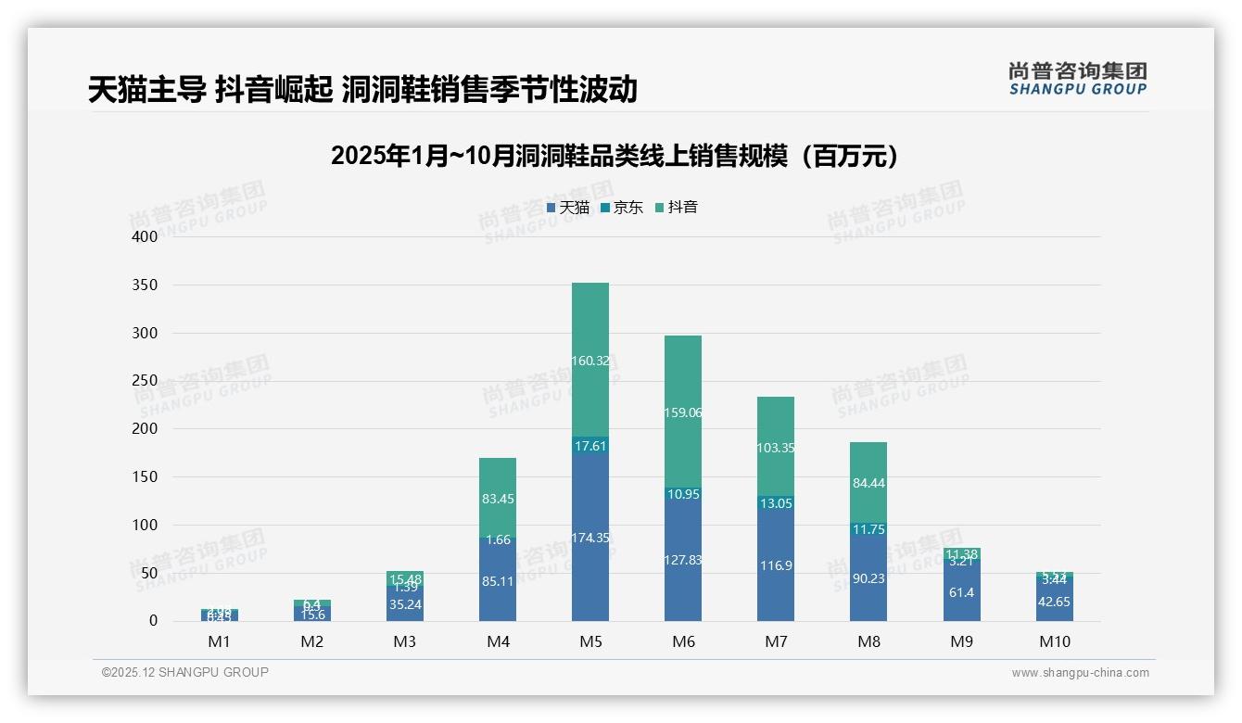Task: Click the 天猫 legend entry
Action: (x=568, y=208)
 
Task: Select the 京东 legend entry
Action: (x=622, y=208)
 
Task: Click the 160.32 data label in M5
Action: (x=590, y=361)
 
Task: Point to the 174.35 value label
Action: (x=590, y=538)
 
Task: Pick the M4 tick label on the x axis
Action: (x=498, y=641)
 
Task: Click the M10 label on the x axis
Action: (x=1054, y=641)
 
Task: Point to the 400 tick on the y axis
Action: (x=145, y=236)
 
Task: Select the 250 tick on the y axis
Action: (x=145, y=381)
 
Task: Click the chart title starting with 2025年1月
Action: (x=615, y=156)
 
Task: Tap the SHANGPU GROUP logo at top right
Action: (x=1077, y=79)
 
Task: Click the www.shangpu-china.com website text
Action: (x=1080, y=673)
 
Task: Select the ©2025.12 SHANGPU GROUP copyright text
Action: (x=185, y=673)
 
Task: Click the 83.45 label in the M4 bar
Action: (x=498, y=499)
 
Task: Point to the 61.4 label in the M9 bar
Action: (x=961, y=592)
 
